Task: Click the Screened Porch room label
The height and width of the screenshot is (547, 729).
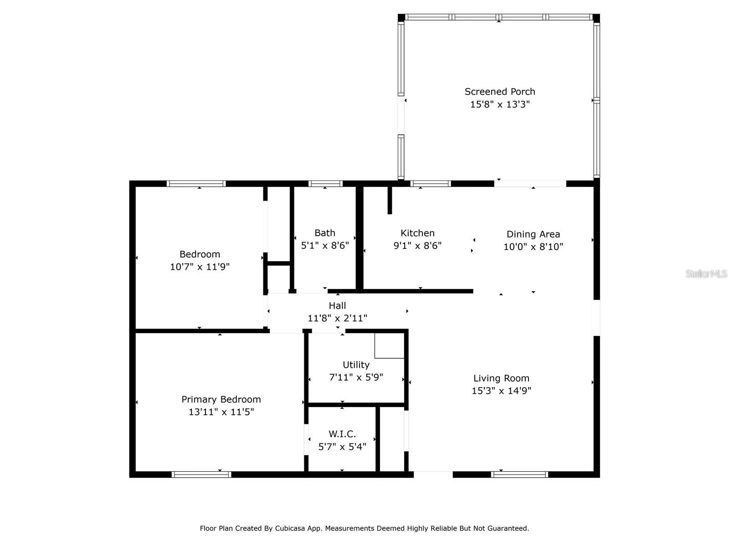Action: pos(500,92)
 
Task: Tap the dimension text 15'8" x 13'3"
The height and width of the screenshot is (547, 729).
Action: pos(500,104)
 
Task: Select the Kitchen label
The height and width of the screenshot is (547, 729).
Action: pos(417,233)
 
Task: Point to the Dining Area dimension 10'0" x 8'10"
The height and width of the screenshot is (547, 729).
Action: pos(533,247)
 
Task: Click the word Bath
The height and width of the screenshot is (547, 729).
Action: pos(325,233)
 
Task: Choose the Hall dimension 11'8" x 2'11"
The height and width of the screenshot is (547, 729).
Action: pos(337,318)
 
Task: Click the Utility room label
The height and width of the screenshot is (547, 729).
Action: pos(356,365)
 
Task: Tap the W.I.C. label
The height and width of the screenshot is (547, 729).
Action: pos(342,434)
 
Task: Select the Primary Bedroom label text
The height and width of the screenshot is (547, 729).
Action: pos(221,399)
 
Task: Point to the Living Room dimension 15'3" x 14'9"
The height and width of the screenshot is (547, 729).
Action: pos(501,391)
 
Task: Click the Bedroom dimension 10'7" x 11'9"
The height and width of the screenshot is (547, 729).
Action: pos(200,267)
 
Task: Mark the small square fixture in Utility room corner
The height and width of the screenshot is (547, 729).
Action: pos(389,346)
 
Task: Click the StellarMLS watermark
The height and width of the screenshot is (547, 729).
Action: pos(706,274)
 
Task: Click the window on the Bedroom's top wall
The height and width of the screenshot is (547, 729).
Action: pos(196,184)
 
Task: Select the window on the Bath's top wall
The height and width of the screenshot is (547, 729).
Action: pos(325,184)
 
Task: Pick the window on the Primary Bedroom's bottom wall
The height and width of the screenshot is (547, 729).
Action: pos(201,475)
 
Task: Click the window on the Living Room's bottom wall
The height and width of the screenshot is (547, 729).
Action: pos(519,475)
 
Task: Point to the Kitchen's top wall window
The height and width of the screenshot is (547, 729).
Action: pos(431,184)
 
